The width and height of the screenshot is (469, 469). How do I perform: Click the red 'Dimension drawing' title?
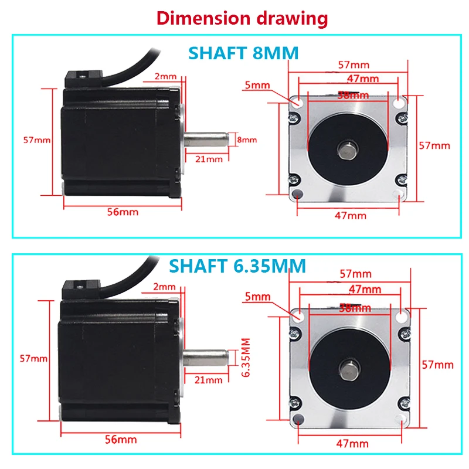(242, 19)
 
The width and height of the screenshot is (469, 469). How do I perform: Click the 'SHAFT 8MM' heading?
(243, 53)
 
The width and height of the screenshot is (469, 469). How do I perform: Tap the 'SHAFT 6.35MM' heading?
(237, 266)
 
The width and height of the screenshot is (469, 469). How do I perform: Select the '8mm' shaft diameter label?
(247, 140)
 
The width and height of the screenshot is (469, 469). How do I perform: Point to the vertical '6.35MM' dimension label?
(246, 358)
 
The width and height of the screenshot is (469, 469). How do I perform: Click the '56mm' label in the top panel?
(123, 212)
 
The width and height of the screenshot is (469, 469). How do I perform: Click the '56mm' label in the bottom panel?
(121, 440)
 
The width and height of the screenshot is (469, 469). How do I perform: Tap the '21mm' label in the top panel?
(209, 159)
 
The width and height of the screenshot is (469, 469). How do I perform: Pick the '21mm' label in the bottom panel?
(208, 380)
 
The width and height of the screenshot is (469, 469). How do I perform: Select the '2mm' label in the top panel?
(165, 76)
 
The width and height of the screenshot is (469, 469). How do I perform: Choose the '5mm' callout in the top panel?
(257, 85)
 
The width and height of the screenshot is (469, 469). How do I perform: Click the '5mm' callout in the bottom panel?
(257, 297)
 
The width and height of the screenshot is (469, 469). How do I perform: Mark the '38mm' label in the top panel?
(353, 96)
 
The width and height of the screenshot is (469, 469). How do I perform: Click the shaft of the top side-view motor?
(206, 140)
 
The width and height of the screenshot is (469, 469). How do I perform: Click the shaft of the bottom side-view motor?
(205, 358)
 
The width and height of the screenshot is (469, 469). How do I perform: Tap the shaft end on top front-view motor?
(348, 149)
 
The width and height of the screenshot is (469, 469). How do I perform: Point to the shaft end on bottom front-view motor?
(349, 368)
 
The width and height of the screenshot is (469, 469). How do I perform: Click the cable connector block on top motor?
(84, 79)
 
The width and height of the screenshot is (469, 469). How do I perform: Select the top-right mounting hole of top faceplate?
(399, 103)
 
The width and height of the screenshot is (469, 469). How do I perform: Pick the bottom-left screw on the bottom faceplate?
(295, 403)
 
